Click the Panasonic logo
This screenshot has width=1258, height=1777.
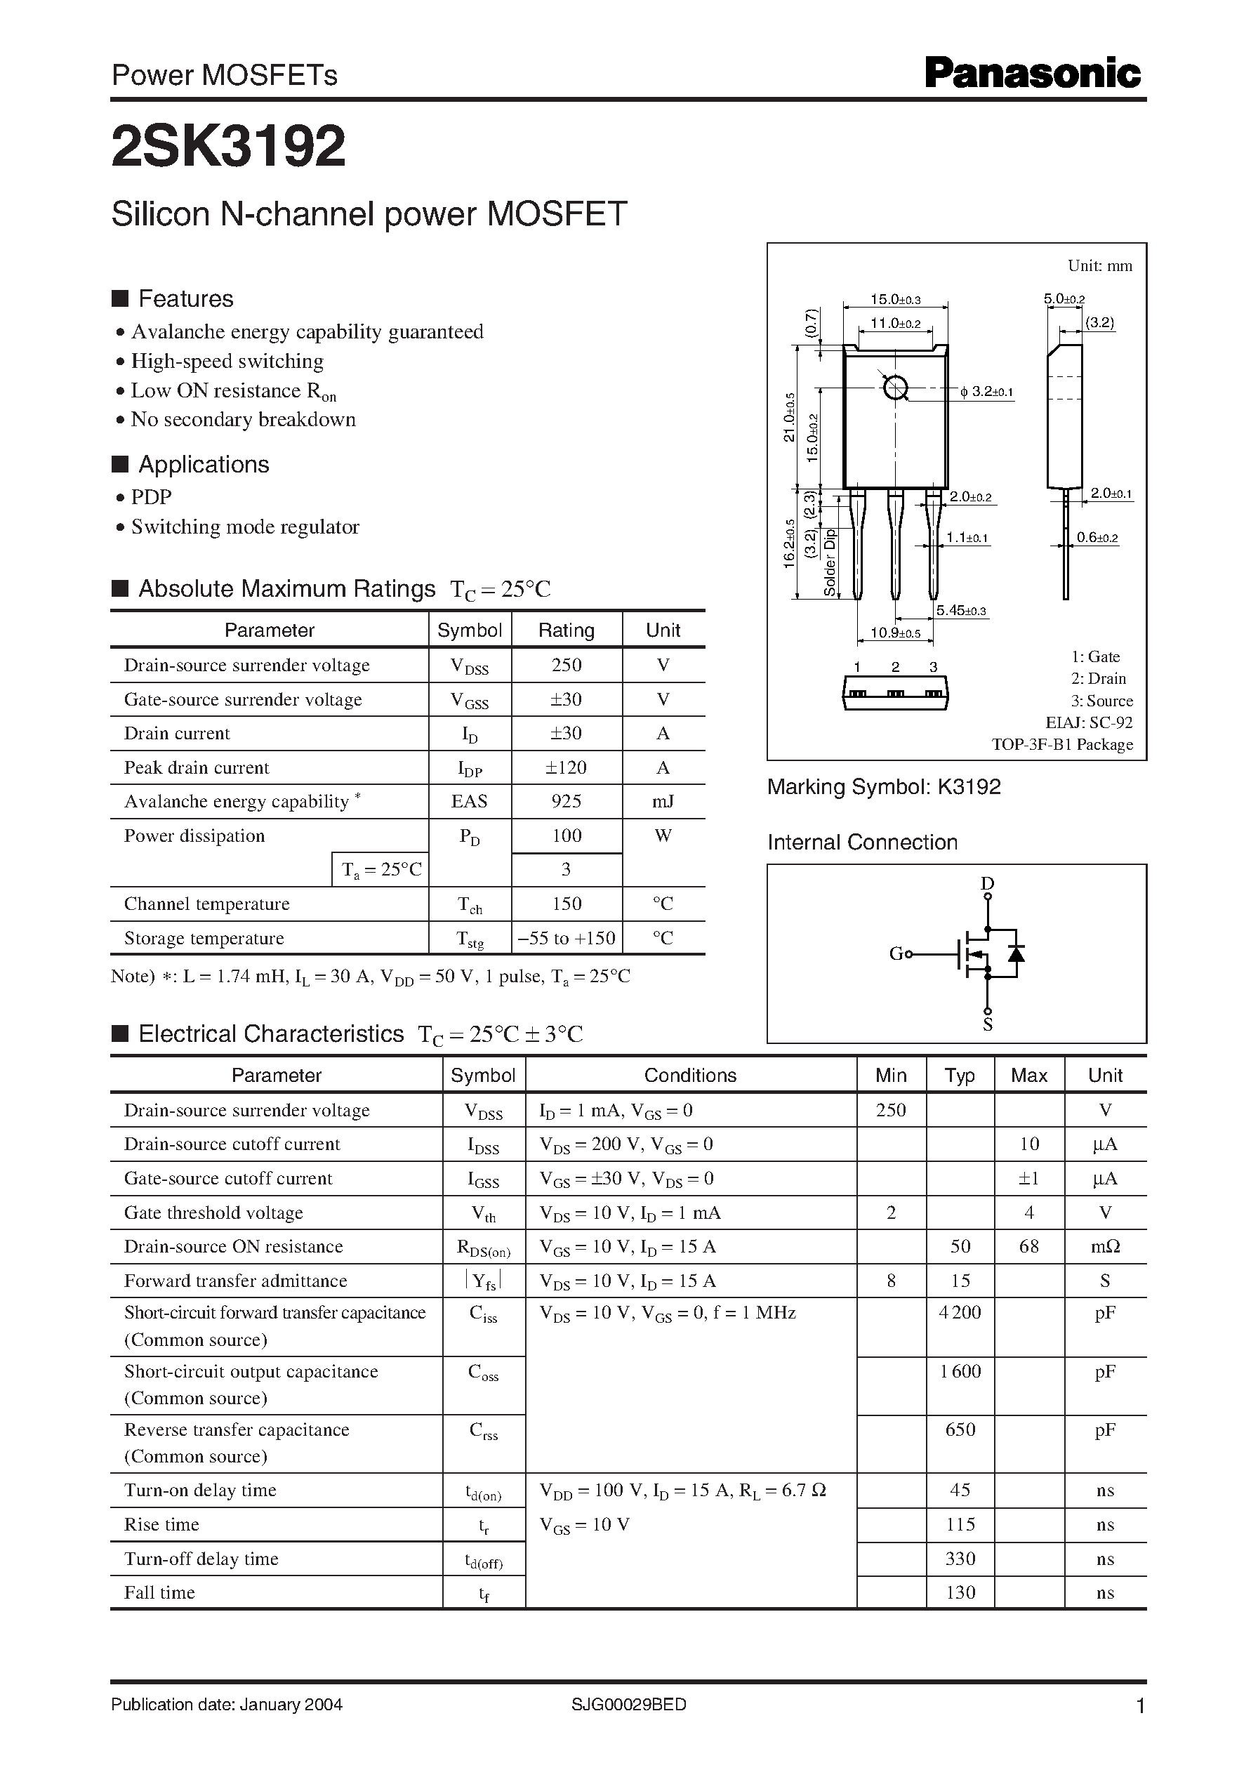click(1032, 74)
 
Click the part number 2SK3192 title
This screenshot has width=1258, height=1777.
click(229, 147)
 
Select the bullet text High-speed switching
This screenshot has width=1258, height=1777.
click(227, 361)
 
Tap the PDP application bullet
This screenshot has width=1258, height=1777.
click(151, 496)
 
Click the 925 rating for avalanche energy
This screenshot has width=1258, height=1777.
click(567, 801)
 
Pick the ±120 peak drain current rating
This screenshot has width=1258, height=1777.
click(567, 767)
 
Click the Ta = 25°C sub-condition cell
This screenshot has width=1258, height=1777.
click(381, 869)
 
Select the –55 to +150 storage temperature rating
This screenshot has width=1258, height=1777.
click(567, 937)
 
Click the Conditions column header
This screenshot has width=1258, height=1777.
click(690, 1075)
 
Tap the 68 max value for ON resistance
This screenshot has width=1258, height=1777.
click(1028, 1246)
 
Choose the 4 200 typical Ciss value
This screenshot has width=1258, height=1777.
click(960, 1312)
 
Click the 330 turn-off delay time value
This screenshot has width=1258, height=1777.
click(960, 1559)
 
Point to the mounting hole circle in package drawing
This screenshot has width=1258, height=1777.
click(896, 388)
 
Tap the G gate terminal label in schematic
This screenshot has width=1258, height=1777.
click(896, 953)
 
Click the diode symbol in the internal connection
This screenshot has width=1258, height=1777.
click(1017, 953)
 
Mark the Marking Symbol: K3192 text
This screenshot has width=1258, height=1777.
click(883, 787)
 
